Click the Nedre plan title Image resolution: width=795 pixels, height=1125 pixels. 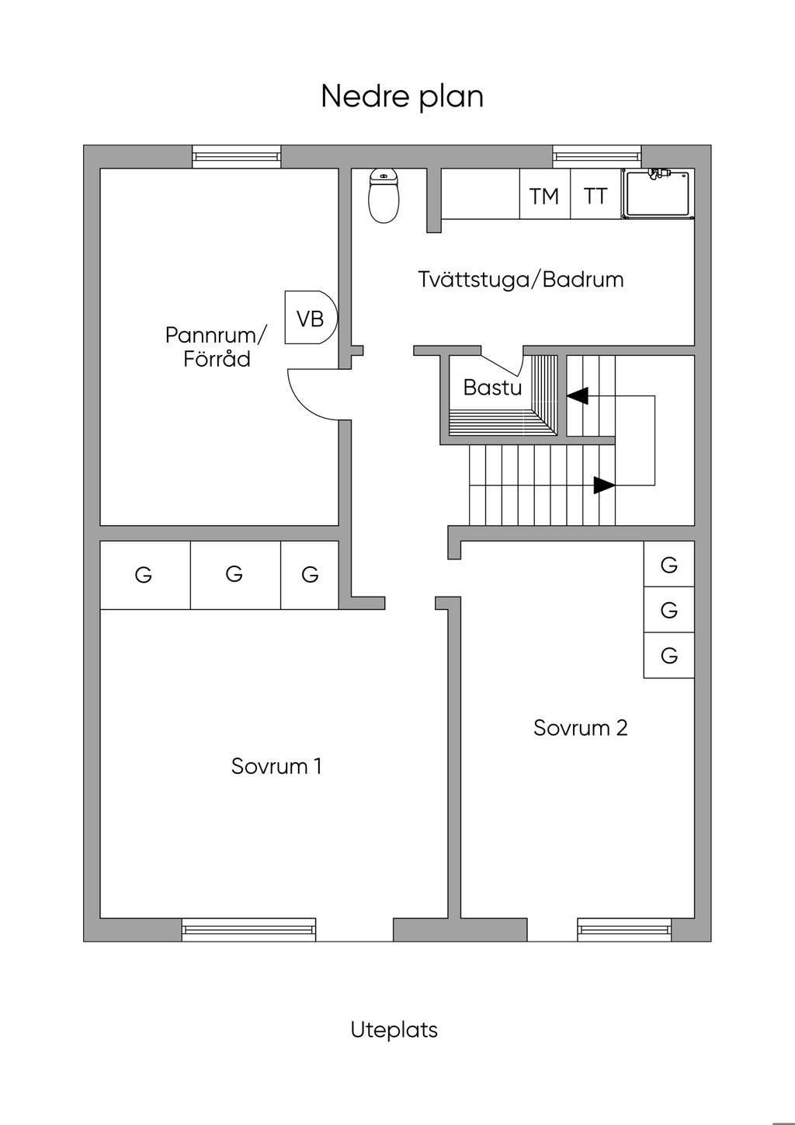pyautogui.click(x=402, y=97)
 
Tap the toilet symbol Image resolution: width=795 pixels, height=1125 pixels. pyautogui.click(x=384, y=196)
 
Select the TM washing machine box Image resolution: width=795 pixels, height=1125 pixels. pyautogui.click(x=544, y=194)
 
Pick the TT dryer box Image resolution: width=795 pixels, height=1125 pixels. pyautogui.click(x=595, y=194)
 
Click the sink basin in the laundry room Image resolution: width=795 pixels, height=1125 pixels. pyautogui.click(x=658, y=194)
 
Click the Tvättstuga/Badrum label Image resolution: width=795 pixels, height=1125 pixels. pyautogui.click(x=521, y=279)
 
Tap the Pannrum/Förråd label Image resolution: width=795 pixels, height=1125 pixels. pyautogui.click(x=217, y=347)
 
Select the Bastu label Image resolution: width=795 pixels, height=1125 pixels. pyautogui.click(x=492, y=388)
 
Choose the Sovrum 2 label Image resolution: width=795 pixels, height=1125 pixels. pyautogui.click(x=580, y=728)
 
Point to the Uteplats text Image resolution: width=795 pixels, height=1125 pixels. pyautogui.click(x=394, y=1030)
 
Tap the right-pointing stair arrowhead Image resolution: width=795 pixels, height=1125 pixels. pyautogui.click(x=604, y=485)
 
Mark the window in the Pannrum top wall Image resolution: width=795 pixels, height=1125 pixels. pyautogui.click(x=236, y=156)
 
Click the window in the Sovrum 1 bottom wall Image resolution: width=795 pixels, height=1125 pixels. pyautogui.click(x=249, y=930)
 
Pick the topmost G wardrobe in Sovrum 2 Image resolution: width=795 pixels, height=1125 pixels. pyautogui.click(x=669, y=564)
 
